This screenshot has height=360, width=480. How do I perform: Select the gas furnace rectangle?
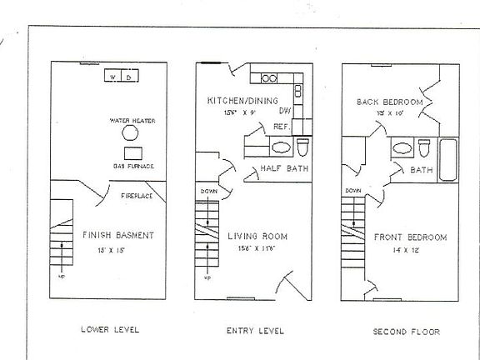tap(132, 153)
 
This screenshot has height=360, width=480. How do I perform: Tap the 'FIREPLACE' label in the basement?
tap(135, 196)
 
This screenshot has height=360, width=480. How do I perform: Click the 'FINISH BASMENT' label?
tap(117, 236)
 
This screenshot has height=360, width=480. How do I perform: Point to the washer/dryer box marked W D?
tap(122, 77)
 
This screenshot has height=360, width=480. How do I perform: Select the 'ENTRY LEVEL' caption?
tap(255, 330)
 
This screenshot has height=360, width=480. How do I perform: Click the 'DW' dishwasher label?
tap(284, 110)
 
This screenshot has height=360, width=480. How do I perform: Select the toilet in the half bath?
tap(303, 147)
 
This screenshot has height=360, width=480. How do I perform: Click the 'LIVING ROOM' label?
tap(258, 236)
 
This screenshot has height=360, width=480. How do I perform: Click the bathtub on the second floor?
tap(447, 160)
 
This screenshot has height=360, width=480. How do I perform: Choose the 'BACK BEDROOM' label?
tap(389, 102)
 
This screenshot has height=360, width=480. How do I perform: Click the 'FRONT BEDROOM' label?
tap(409, 236)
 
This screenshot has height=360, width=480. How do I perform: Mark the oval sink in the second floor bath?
tap(402, 147)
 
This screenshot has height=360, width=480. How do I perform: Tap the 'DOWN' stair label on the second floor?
tap(352, 191)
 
